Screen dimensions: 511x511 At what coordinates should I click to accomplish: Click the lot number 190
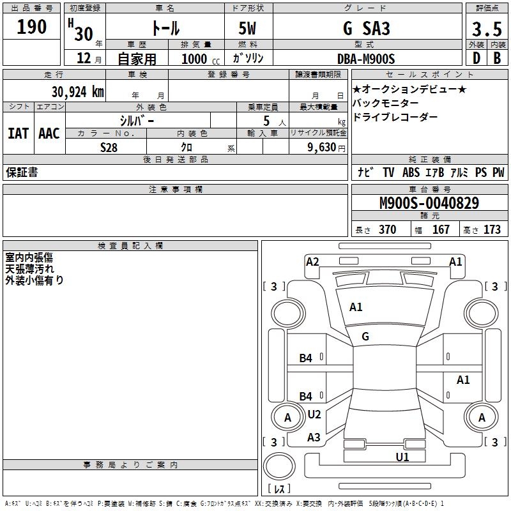pos(33,27)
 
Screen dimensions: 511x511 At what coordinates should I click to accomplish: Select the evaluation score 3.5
pos(485,29)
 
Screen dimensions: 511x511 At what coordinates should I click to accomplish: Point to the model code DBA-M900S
pos(366,59)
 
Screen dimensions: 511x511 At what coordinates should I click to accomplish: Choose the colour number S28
pos(109,146)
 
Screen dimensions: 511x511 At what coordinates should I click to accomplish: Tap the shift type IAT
pos(18,133)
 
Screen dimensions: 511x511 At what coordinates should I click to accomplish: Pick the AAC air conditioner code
pos(49,133)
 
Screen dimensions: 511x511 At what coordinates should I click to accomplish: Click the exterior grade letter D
pos(475,59)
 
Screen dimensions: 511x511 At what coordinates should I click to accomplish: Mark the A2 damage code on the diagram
pos(312,261)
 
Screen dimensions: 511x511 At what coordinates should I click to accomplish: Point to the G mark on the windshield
pos(365,336)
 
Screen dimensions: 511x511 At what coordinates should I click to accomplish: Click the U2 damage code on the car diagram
pos(314,415)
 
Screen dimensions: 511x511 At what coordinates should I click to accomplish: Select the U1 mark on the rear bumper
pos(402,457)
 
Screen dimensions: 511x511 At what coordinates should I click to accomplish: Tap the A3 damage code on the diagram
pos(314,438)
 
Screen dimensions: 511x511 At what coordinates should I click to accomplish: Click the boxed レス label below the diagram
pos(282,489)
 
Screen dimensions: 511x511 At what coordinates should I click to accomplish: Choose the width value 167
pos(441,230)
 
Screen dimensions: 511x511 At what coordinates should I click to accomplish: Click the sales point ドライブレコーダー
pos(395,117)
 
